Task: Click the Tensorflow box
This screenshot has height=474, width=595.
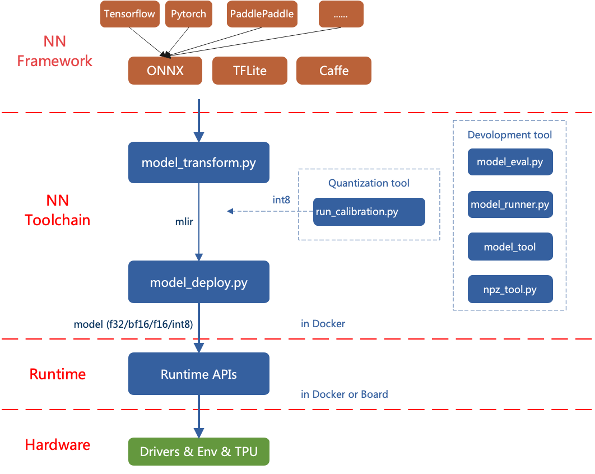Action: tap(129, 14)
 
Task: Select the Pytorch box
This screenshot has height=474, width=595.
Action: tap(188, 14)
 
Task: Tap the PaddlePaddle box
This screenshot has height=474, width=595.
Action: tap(262, 14)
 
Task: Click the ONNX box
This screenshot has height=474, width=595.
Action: tap(165, 71)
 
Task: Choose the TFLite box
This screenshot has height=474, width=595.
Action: tap(249, 71)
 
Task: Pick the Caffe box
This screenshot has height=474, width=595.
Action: tap(334, 71)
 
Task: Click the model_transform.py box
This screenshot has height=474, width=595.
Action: tap(198, 162)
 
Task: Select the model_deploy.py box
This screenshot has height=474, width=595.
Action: tap(198, 282)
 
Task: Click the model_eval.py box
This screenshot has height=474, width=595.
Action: tap(510, 162)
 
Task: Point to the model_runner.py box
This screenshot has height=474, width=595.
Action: tap(510, 205)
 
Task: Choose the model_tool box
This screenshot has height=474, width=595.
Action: tap(510, 247)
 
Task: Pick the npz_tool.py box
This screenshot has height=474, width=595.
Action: tap(510, 289)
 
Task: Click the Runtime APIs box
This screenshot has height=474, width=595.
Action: tap(198, 374)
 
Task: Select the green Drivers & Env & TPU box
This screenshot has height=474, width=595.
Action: tap(198, 451)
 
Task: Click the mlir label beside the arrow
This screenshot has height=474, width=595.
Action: tap(184, 221)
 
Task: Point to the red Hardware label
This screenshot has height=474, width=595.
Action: tap(58, 445)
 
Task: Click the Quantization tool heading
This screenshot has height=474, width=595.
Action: tap(369, 183)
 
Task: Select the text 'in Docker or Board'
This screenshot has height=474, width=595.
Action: tap(344, 394)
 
